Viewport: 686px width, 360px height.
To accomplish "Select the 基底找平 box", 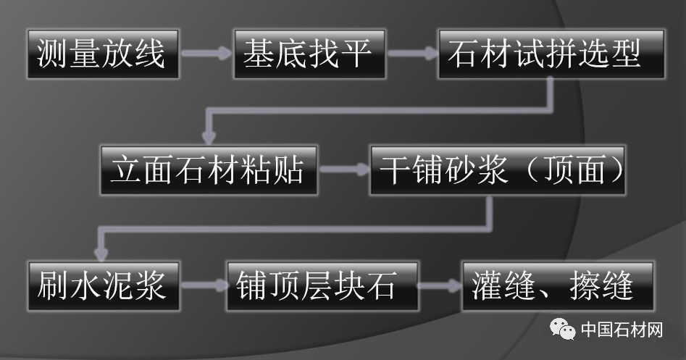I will click(x=309, y=54).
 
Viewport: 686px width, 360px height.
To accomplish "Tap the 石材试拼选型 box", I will click(x=551, y=54).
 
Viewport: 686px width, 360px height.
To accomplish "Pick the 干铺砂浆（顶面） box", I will click(x=497, y=172).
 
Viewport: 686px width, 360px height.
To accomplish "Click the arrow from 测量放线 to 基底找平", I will click(x=206, y=54).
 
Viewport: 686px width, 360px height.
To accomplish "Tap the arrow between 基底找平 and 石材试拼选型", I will click(x=411, y=54).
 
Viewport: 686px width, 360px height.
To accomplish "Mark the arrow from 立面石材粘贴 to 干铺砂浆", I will click(x=343, y=172).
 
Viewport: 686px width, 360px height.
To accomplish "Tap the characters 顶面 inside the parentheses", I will click(x=568, y=172).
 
